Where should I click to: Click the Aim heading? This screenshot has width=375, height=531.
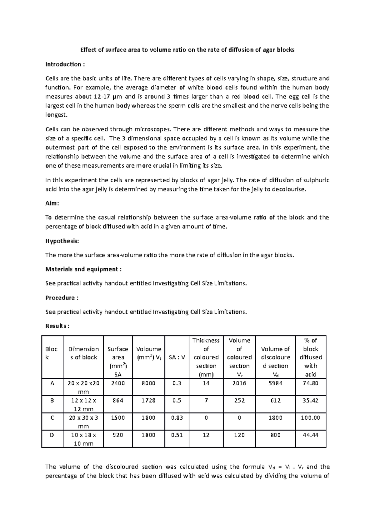click(x=52, y=203)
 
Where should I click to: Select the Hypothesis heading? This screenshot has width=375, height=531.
click(x=62, y=241)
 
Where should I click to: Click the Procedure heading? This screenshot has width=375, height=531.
click(x=62, y=298)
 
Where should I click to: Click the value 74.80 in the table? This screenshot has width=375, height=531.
click(x=310, y=383)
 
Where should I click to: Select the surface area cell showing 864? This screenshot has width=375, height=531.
click(x=118, y=400)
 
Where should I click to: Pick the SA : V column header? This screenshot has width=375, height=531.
click(x=177, y=357)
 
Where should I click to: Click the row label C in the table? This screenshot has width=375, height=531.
click(x=52, y=417)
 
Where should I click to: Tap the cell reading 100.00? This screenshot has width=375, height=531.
click(x=310, y=417)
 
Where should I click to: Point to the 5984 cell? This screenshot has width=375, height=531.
click(x=275, y=383)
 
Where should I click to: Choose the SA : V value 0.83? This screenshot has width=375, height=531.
click(x=177, y=417)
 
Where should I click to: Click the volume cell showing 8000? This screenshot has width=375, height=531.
click(x=148, y=383)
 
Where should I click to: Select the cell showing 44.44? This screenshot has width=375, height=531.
click(x=310, y=435)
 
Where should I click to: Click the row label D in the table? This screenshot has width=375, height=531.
click(x=52, y=435)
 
